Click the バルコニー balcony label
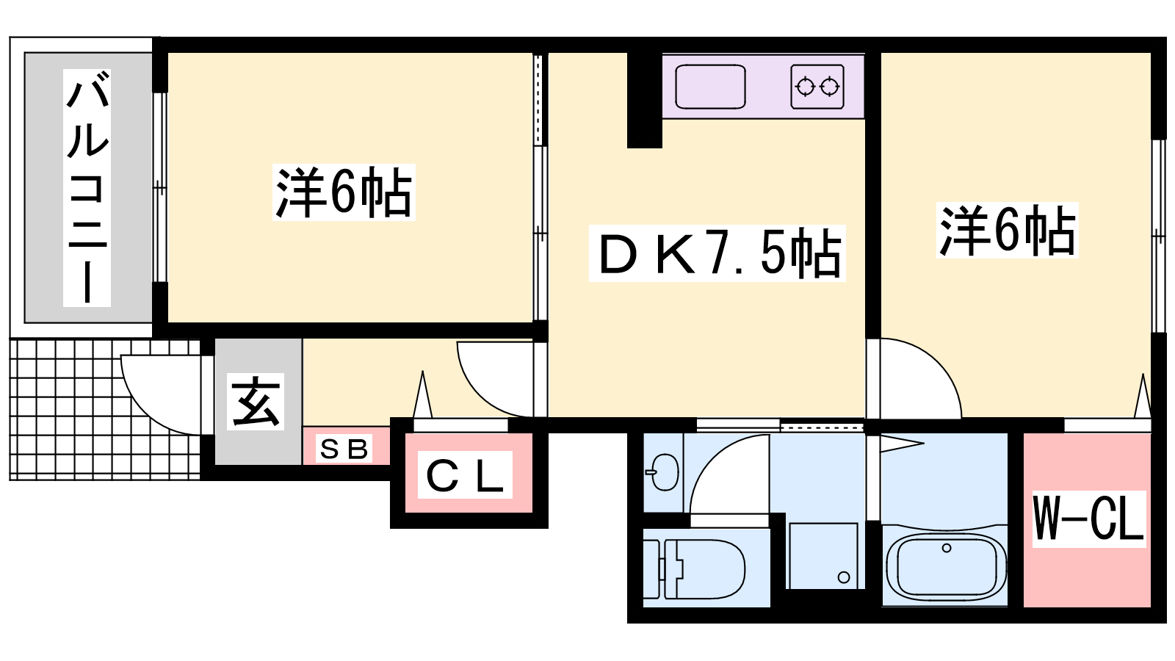pos(87,187)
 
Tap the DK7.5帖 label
pos(717,253)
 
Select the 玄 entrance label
pos(256,402)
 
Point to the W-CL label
pos(1088,519)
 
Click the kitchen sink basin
pos(710,87)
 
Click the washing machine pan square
pos(822,555)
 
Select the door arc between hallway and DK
pos(493,378)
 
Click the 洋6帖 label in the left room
pos(344,192)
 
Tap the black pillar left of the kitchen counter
pos(645,99)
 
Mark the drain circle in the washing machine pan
pos(844,577)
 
